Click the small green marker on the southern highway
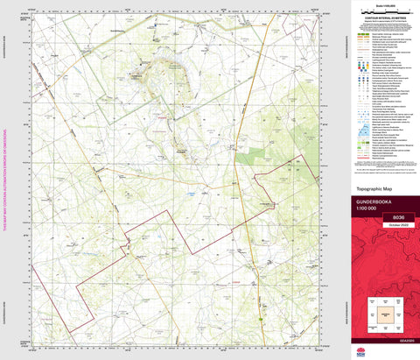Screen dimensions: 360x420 [x=262, y=321]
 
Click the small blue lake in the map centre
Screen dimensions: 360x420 [x=191, y=189]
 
